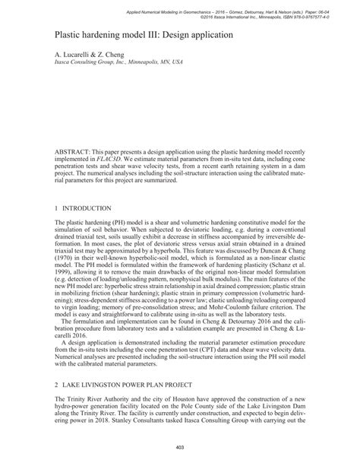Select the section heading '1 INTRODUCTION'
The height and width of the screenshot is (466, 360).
[84, 208]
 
